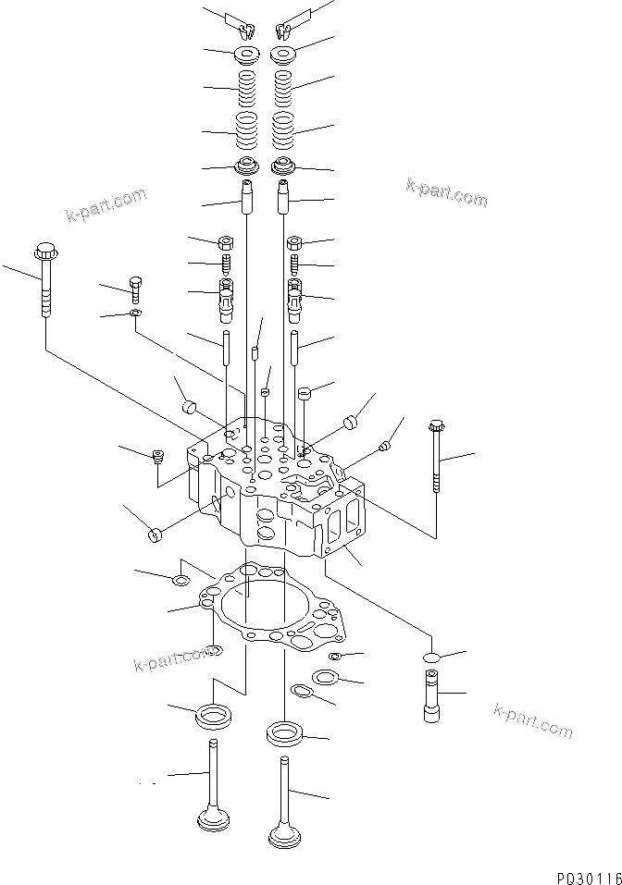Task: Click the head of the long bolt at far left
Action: pos(44,251)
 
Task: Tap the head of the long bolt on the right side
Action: pos(436,426)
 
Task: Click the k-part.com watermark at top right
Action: pos(446,192)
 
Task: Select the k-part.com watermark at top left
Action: pos(106,206)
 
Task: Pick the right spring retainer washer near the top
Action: pos(284,55)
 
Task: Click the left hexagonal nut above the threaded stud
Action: pos(226,244)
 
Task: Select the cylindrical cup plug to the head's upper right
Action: pos(351,424)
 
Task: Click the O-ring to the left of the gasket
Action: pos(180,581)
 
